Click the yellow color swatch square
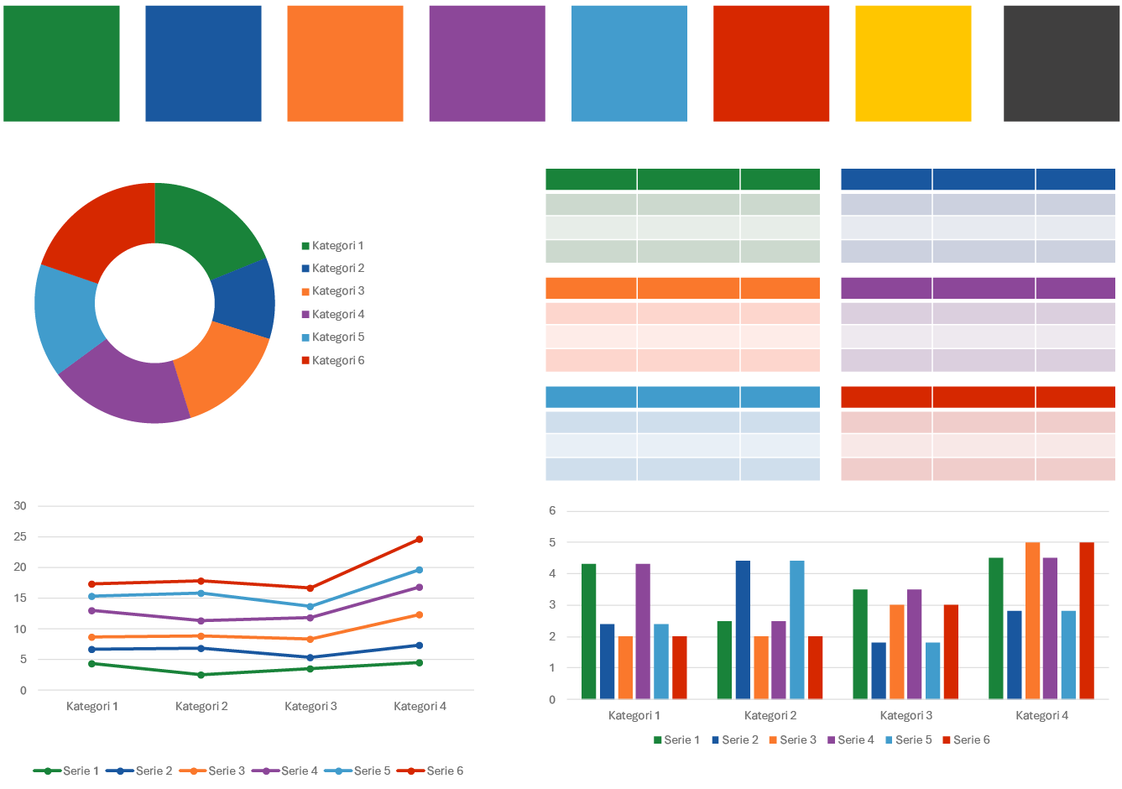click(x=913, y=63)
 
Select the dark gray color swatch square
click(x=1062, y=63)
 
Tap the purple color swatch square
click(x=487, y=63)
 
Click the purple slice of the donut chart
click(x=126, y=387)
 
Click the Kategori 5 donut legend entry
click(x=337, y=337)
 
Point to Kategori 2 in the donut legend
click(x=337, y=269)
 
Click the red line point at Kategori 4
click(x=419, y=539)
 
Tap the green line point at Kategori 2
click(x=201, y=675)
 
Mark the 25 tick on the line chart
click(x=20, y=536)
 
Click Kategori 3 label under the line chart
click(x=311, y=707)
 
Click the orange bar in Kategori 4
click(x=1032, y=621)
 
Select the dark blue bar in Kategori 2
click(x=743, y=630)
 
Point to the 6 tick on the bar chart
click(x=552, y=510)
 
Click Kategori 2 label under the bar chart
click(x=770, y=716)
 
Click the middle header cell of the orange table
click(x=688, y=288)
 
